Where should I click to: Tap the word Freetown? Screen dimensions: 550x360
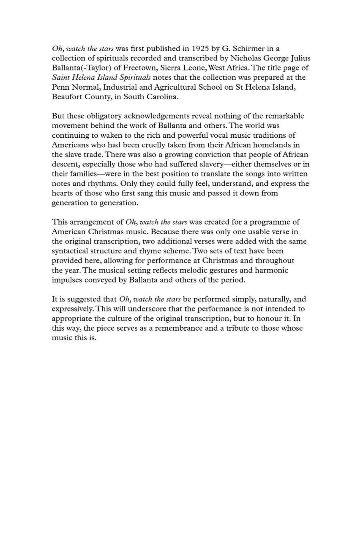tap(139, 68)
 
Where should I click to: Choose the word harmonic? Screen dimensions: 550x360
tap(272, 270)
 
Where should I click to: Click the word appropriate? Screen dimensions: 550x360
tap(72, 319)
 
